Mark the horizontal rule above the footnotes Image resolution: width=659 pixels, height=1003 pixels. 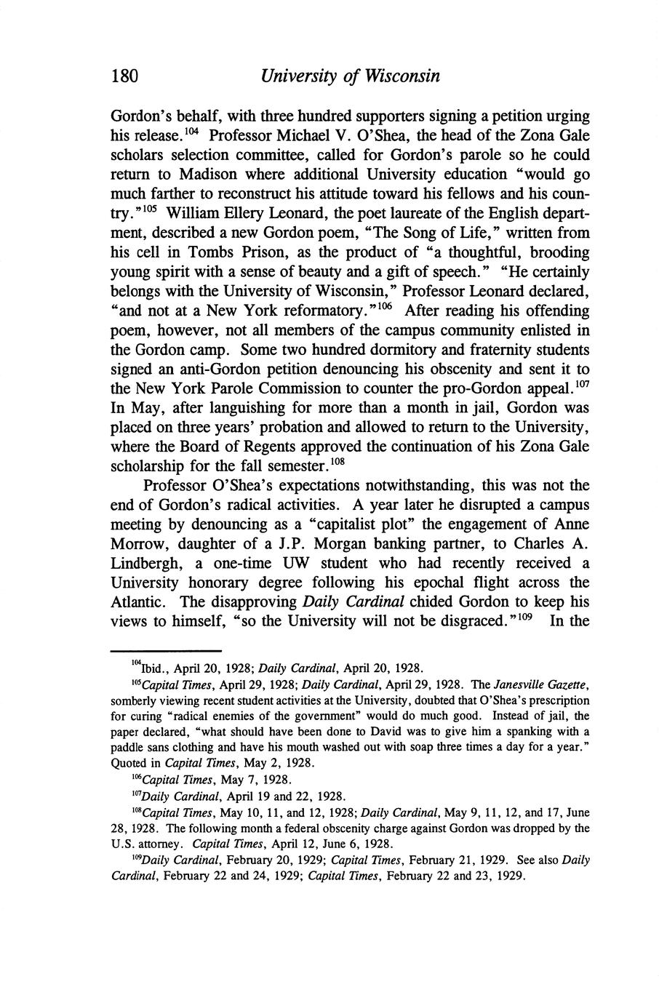click(165, 651)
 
